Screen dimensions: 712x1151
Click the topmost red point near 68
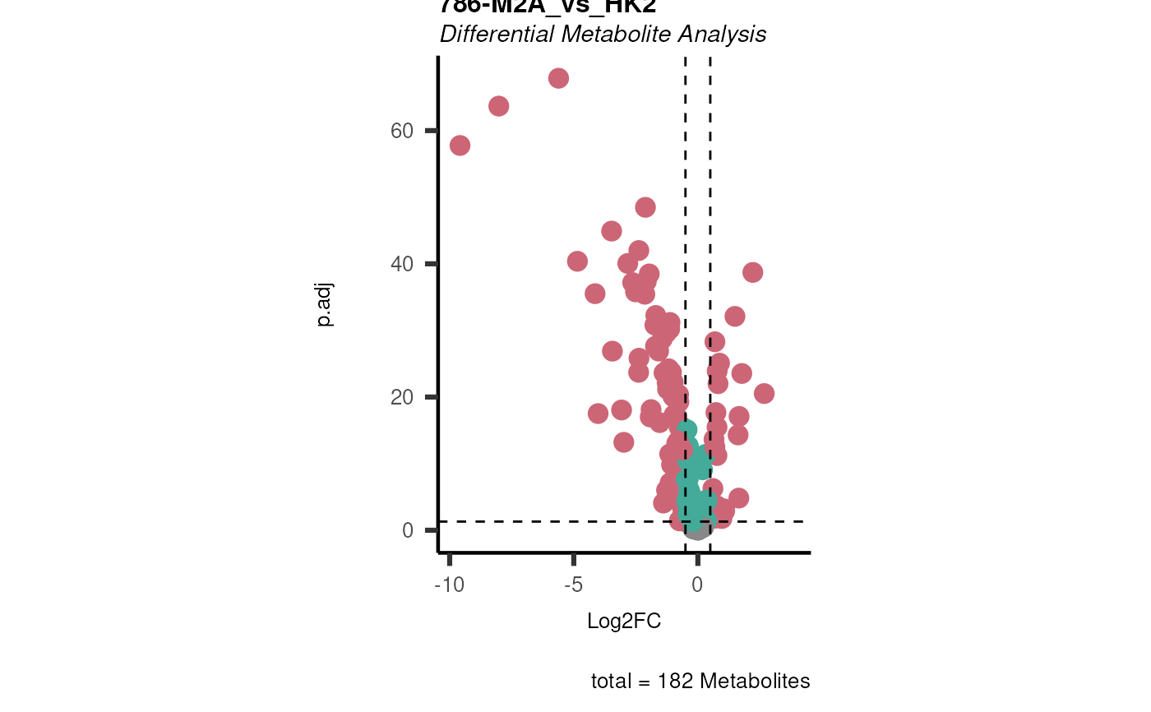click(x=558, y=78)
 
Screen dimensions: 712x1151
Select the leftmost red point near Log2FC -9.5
click(x=460, y=146)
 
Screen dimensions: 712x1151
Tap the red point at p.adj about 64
click(x=498, y=106)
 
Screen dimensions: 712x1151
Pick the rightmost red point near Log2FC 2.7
click(x=764, y=394)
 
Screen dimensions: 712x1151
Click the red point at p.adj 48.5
click(x=645, y=207)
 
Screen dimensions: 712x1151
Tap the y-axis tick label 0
click(x=408, y=530)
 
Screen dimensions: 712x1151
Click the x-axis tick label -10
click(x=449, y=585)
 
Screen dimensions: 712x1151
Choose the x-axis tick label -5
click(x=573, y=585)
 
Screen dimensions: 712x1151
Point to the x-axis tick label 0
click(x=697, y=585)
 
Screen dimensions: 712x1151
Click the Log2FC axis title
click(x=624, y=622)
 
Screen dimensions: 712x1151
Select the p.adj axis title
click(x=325, y=304)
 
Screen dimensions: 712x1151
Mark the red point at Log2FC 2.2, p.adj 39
click(x=752, y=272)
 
